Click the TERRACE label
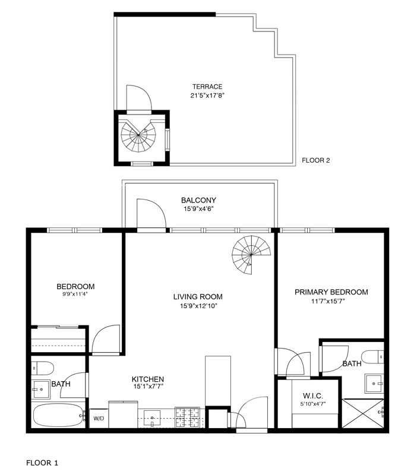pyautogui.click(x=207, y=87)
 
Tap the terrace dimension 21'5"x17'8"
pyautogui.click(x=207, y=95)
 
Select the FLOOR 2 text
pyautogui.click(x=315, y=160)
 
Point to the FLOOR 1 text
pyautogui.click(x=42, y=461)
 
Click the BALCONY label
pyautogui.click(x=198, y=200)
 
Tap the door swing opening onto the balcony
pyautogui.click(x=150, y=214)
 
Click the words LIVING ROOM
pyautogui.click(x=198, y=297)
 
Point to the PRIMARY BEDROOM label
pyautogui.click(x=331, y=292)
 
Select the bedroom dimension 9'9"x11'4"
pyautogui.click(x=75, y=294)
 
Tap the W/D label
pyautogui.click(x=98, y=418)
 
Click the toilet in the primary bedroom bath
pyautogui.click(x=372, y=357)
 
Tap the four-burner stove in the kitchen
pyautogui.click(x=189, y=417)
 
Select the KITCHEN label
pyautogui.click(x=147, y=379)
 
